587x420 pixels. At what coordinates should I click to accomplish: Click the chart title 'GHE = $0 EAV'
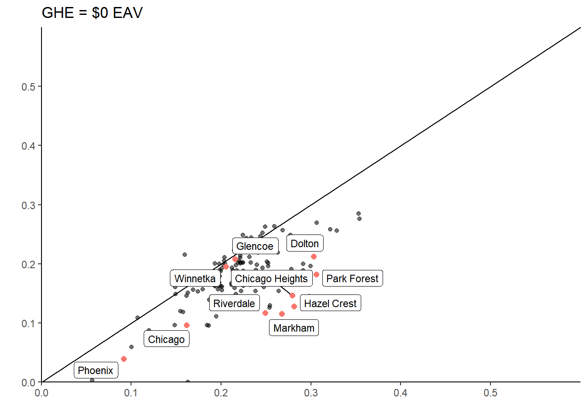pos(92,13)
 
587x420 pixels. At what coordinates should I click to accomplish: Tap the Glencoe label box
pos(255,246)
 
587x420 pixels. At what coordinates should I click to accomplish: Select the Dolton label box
pos(305,244)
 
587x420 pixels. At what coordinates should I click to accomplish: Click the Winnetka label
pos(195,279)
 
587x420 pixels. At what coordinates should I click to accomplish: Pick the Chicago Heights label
pos(271,279)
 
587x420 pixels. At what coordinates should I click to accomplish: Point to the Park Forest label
pos(352,279)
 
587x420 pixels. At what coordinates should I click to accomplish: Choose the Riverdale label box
pos(234,304)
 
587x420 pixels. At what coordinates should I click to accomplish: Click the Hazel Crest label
pos(330,304)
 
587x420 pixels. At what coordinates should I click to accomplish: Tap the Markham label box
pos(294,328)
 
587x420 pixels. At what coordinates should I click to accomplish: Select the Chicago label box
pos(166,339)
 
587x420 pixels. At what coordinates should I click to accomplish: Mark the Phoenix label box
pos(96,371)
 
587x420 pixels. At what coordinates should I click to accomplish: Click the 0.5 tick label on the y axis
pos(28,87)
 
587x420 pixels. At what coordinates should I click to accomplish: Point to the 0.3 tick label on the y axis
pos(28,206)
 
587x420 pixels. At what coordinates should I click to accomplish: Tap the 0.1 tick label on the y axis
pos(28,324)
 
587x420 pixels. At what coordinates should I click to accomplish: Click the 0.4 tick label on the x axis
pos(401,393)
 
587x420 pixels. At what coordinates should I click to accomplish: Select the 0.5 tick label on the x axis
pos(490,393)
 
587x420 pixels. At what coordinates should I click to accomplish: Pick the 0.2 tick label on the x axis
pos(221,393)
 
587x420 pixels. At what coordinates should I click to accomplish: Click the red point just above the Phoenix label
pos(124,359)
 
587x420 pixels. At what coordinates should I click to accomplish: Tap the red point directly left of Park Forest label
pos(317,275)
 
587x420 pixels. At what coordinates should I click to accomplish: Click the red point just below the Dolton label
pos(314,257)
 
